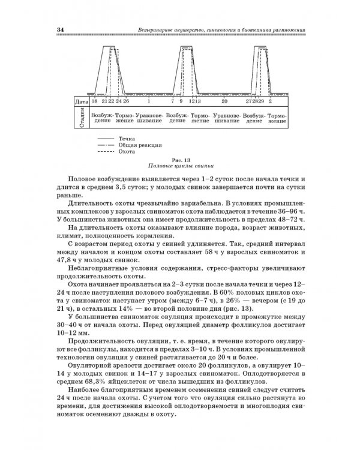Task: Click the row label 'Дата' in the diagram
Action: pos(82,101)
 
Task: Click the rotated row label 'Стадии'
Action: pos(82,117)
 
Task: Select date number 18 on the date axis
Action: pos(95,101)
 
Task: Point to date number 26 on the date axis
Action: pos(126,101)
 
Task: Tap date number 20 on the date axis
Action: pos(224,101)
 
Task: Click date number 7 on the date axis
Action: pos(172,101)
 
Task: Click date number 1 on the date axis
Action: pos(149,101)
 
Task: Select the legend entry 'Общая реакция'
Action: pos(137,145)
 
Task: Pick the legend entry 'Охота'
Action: pos(126,152)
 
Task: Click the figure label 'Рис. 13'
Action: pos(180,160)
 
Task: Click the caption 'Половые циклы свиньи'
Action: pos(180,166)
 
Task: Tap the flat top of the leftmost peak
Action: pos(111,46)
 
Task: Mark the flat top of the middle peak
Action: pos(187,46)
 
